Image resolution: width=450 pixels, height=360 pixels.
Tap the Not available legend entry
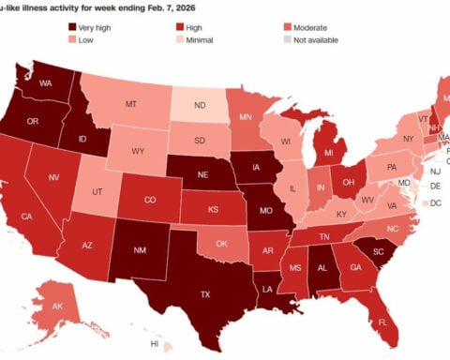[323, 40]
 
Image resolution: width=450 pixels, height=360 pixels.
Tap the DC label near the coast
[437, 202]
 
